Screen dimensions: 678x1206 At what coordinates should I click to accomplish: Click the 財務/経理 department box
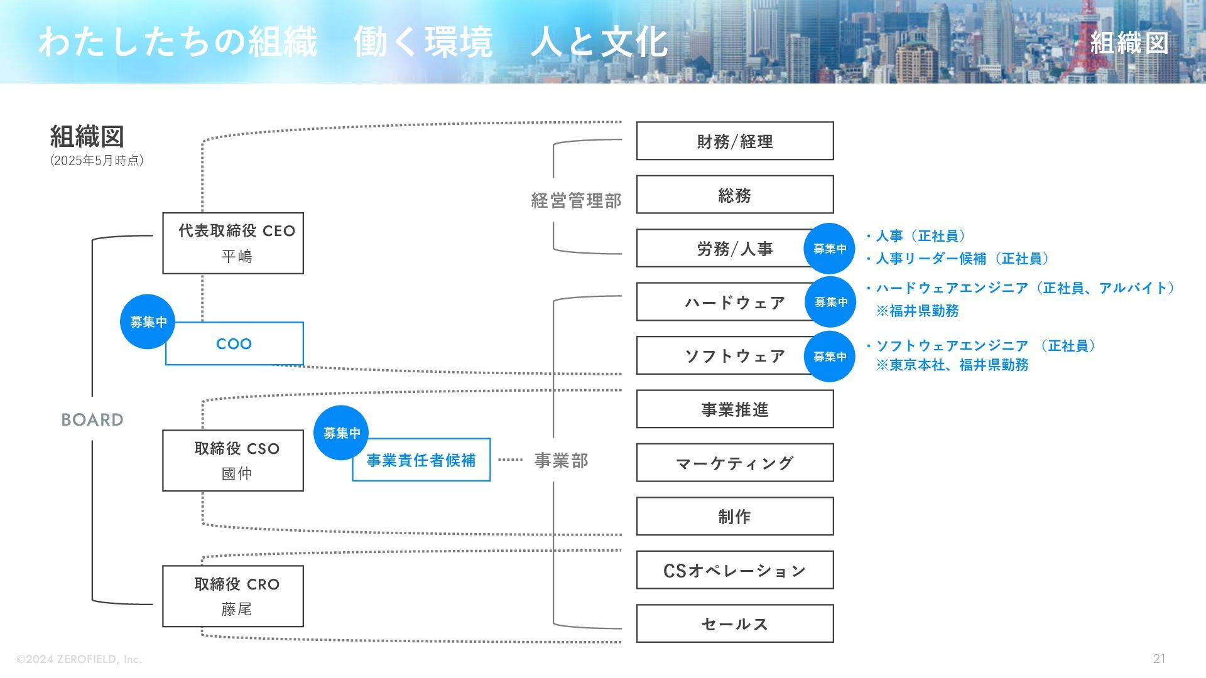point(734,141)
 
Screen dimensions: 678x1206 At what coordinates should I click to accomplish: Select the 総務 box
point(734,195)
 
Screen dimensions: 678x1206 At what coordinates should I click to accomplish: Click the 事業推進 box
point(734,409)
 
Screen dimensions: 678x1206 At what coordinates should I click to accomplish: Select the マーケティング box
point(734,463)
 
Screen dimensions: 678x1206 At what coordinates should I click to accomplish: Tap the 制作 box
point(734,517)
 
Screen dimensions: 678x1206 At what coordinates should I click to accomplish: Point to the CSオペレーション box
point(734,570)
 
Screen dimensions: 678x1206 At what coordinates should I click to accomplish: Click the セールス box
point(734,624)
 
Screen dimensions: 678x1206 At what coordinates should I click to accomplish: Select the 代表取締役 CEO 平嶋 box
point(233,244)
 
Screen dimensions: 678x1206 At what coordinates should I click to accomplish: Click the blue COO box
point(234,344)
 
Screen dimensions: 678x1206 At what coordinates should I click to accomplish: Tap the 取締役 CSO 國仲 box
point(233,461)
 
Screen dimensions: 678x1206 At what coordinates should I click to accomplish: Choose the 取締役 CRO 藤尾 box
point(233,596)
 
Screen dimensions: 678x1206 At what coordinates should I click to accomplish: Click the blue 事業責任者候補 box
point(421,461)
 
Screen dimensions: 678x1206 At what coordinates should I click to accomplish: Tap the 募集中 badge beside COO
point(148,322)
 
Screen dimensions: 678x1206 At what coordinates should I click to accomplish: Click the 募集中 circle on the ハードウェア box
point(830,302)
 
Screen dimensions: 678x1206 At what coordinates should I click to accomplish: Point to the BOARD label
point(92,419)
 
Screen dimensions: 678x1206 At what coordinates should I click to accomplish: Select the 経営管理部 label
point(576,200)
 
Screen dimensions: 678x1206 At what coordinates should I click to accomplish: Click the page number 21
point(1159,659)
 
